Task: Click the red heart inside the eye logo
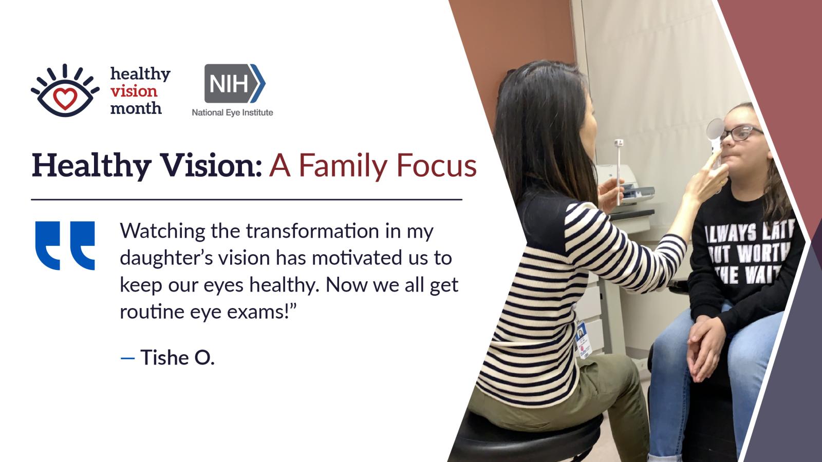(x=65, y=98)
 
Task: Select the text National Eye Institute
(x=232, y=112)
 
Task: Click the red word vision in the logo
(x=134, y=91)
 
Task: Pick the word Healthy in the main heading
(x=91, y=166)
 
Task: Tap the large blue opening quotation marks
(x=65, y=246)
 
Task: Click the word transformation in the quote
(x=312, y=231)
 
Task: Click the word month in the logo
(x=136, y=108)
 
